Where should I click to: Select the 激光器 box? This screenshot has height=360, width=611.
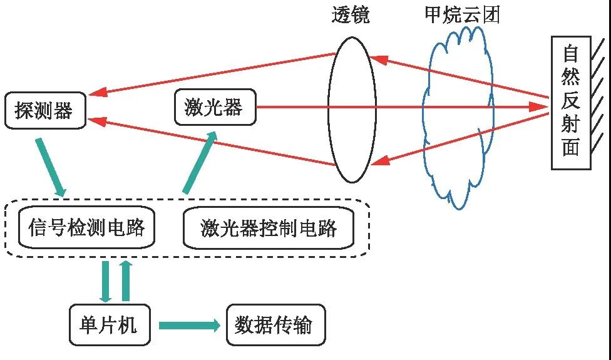215,107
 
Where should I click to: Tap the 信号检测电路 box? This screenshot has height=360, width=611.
86,227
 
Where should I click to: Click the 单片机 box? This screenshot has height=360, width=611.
109,325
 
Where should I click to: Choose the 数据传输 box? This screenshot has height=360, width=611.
276,325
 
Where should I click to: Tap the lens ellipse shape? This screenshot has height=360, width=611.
352,110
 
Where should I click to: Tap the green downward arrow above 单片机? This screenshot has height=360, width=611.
106,281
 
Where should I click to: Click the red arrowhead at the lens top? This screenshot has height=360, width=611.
376,59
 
